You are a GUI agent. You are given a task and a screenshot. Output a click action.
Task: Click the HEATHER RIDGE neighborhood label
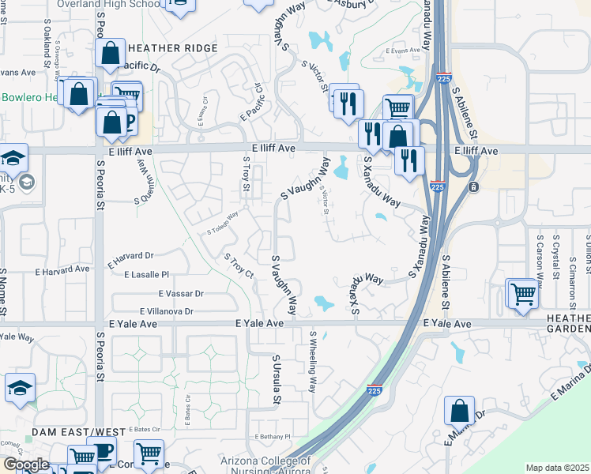(167, 48)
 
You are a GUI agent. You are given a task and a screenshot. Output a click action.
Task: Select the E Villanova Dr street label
(167, 311)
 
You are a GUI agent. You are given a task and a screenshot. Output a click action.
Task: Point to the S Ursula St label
(276, 379)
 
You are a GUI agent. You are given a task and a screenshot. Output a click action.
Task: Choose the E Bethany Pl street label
(273, 437)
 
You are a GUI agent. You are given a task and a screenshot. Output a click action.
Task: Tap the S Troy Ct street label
(238, 266)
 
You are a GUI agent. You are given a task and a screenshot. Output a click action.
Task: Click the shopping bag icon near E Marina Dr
(459, 411)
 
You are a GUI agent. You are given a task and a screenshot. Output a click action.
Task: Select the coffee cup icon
(102, 452)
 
